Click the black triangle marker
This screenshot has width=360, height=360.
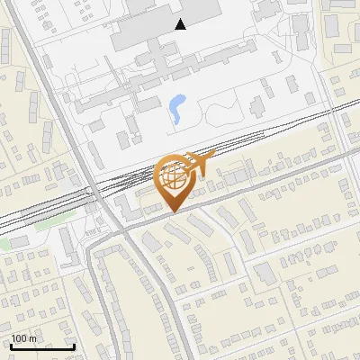click(181, 24)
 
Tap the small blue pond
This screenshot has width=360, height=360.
click(175, 109)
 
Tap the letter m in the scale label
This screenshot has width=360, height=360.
click(33, 338)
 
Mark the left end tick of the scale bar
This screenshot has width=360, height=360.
click(11, 346)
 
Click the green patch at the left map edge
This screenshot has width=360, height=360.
click(4, 243)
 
